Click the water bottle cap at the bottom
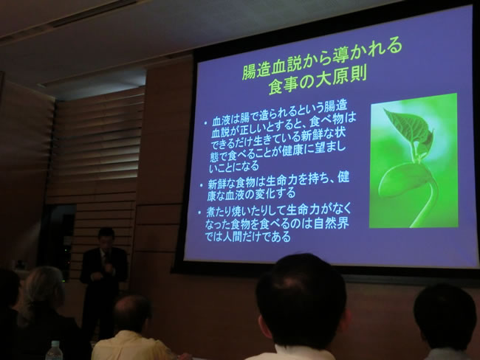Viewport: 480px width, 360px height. [x=55, y=344]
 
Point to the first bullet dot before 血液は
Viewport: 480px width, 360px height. [x=205, y=123]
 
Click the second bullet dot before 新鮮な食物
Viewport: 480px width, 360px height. [x=201, y=185]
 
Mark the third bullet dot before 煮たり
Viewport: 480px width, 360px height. [x=199, y=212]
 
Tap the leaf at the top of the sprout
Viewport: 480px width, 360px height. [x=408, y=125]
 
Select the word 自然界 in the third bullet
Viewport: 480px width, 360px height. [x=332, y=223]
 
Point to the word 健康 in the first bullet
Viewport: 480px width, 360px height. [x=293, y=151]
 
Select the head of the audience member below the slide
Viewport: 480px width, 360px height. [x=301, y=301]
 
